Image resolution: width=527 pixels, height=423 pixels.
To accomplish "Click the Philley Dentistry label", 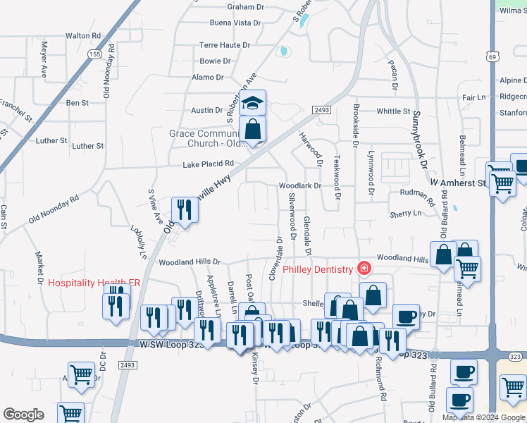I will click(x=317, y=270).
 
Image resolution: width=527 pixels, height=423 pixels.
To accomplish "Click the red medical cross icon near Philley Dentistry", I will click(x=364, y=269).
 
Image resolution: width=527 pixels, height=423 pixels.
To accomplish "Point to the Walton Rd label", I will click(x=83, y=35).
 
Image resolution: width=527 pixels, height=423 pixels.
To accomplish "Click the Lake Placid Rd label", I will click(x=208, y=164).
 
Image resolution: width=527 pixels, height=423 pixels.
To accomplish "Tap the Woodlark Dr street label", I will click(x=299, y=186).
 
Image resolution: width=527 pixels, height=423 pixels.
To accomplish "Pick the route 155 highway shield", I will click(x=94, y=54).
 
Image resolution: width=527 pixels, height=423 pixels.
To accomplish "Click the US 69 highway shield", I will click(x=492, y=56).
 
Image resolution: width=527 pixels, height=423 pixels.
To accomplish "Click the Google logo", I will click(x=23, y=415).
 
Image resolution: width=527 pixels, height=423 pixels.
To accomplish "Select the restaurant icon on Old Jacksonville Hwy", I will click(x=185, y=210).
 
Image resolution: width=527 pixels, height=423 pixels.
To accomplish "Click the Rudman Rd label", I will click(x=405, y=192).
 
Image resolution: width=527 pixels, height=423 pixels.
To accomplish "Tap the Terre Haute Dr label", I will click(x=225, y=44).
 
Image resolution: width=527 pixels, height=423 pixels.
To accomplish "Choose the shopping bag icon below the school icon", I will click(x=252, y=130).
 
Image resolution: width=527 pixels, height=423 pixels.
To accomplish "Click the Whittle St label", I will click(x=393, y=111).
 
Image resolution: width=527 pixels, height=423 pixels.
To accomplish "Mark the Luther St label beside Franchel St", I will click(x=51, y=140).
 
